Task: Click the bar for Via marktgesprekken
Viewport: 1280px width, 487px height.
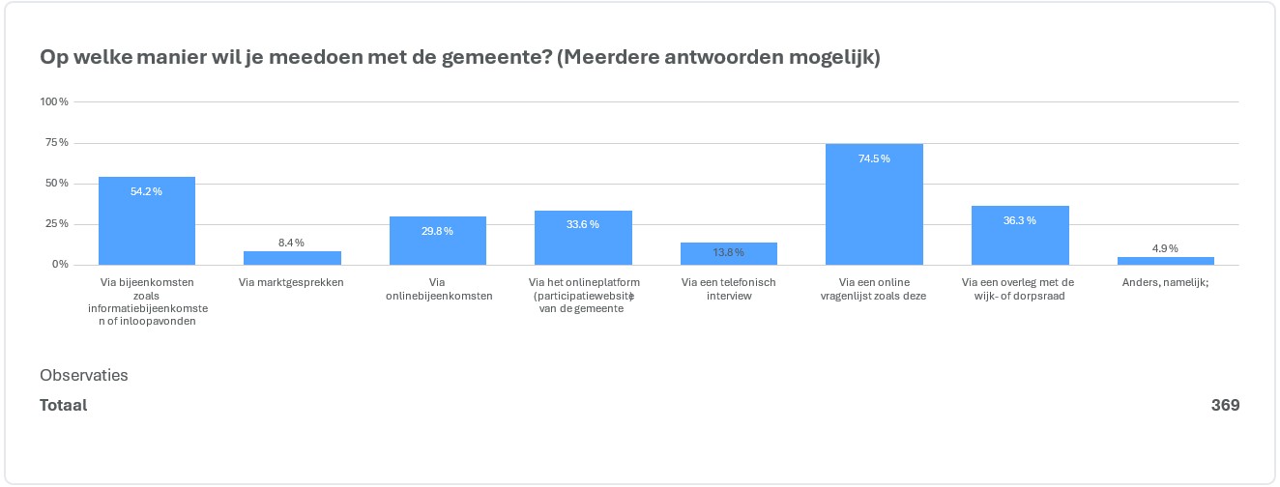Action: [x=292, y=258]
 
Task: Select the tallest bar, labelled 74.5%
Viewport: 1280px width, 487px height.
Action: [x=874, y=204]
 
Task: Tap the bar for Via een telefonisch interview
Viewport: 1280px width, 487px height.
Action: [x=728, y=254]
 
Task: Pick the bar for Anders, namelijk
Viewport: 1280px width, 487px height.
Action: [x=1165, y=261]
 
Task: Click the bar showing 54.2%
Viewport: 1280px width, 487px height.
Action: [x=147, y=221]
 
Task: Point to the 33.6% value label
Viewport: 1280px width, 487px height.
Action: [x=583, y=224]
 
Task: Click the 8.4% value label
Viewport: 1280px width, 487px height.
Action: [x=292, y=243]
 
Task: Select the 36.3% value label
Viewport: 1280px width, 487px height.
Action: [x=1020, y=220]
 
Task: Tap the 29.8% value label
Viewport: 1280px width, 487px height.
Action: [x=437, y=231]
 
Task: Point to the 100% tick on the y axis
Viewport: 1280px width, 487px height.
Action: [x=54, y=101]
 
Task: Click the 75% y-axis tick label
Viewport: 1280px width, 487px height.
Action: [x=56, y=143]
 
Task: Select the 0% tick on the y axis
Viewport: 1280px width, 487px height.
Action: [x=59, y=265]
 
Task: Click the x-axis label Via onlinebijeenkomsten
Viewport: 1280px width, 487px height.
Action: [x=437, y=289]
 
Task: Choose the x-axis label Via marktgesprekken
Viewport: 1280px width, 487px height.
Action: [x=291, y=282]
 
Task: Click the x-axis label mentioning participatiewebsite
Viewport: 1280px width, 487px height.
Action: [x=583, y=296]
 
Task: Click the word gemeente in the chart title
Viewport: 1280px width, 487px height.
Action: [x=493, y=57]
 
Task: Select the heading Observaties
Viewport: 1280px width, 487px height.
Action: [x=84, y=375]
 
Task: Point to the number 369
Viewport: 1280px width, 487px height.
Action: [x=1225, y=405]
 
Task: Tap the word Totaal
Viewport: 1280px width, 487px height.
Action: [x=64, y=405]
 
